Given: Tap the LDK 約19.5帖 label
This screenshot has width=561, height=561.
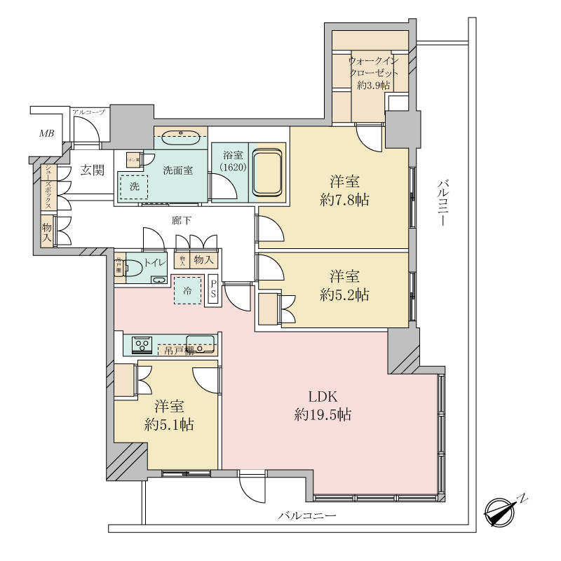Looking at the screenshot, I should pos(323,405).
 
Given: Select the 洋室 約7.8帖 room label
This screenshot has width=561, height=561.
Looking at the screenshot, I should pos(344,189).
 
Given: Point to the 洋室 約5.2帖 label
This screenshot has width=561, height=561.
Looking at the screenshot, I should pos(344,285).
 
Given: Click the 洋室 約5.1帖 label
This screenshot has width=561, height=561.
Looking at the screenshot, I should pos(169,415).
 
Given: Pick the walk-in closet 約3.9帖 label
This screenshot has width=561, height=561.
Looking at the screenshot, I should pos(372,73).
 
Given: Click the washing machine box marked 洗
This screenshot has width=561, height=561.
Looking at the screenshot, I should pos(133,187).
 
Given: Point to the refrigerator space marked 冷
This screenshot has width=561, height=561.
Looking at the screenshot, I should pos(187,290).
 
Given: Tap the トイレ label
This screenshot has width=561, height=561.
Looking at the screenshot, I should pos(154,264).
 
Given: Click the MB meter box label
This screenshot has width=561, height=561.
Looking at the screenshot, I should pos(46,133).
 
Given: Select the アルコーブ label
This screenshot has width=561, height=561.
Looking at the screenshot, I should pos(88,112).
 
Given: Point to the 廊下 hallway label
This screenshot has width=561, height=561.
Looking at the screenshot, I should pos(182,221).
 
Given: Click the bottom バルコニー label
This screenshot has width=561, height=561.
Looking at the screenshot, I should pos(306,516).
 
